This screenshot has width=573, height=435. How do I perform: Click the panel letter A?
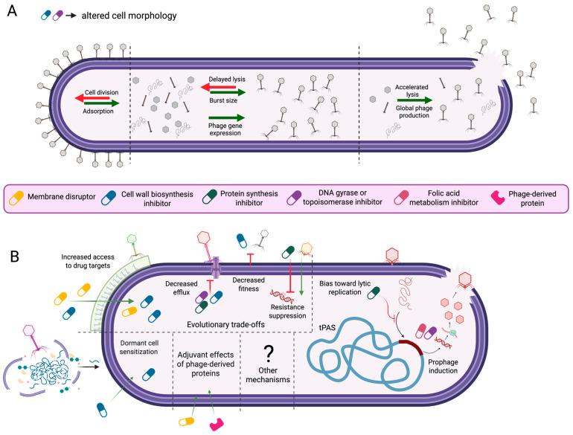click(x=11, y=13)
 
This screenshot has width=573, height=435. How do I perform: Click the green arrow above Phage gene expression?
click(x=227, y=117)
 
